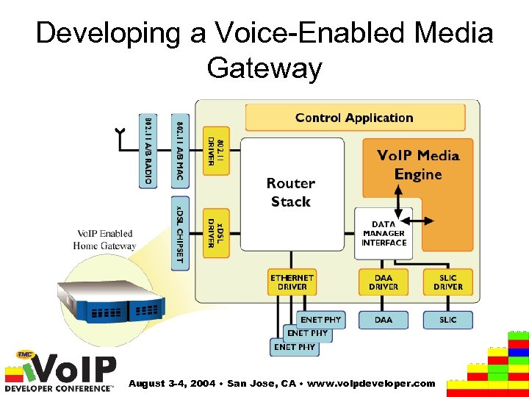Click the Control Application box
tap(354, 118)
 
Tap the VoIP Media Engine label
tap(417, 165)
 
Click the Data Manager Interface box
tap(384, 234)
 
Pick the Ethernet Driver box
tap(292, 282)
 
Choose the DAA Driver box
tap(384, 282)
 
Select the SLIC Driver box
tap(447, 282)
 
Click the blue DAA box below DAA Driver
tap(384, 320)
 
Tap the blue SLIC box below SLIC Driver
tap(447, 320)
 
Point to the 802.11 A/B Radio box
tap(148, 151)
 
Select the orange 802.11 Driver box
tap(216, 151)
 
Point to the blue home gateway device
tap(110, 302)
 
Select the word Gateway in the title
tap(264, 68)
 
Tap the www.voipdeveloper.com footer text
tap(373, 384)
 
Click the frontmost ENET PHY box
tap(294, 347)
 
